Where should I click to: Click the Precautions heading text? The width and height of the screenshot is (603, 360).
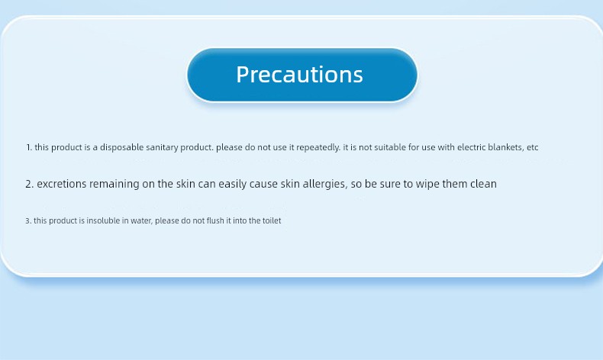(299, 74)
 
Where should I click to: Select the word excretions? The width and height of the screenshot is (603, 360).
(62, 184)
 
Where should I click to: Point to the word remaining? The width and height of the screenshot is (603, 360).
(114, 185)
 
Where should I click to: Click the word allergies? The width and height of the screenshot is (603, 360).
(325, 185)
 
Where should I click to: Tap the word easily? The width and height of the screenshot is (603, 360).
(233, 185)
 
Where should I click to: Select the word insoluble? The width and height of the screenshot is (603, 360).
(104, 220)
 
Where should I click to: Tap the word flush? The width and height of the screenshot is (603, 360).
(215, 220)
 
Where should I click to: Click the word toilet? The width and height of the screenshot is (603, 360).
(272, 220)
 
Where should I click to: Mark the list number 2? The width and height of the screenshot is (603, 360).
(30, 184)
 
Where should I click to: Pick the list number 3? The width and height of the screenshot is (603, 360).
(28, 221)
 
